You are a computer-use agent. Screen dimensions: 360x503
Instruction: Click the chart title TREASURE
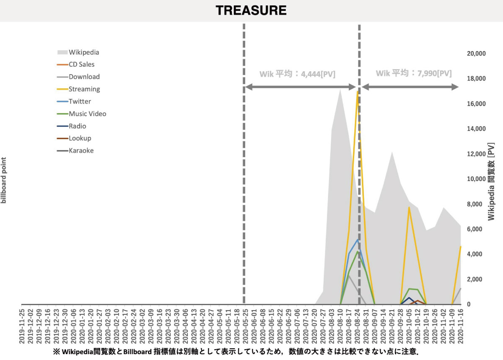251,10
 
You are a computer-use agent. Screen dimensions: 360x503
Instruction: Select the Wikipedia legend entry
83,52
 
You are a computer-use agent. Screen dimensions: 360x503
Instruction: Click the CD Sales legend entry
81,65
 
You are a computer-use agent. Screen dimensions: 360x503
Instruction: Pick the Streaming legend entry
84,89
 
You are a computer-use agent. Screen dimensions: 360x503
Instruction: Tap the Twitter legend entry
80,101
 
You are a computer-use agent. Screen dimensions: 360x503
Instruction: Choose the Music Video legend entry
87,114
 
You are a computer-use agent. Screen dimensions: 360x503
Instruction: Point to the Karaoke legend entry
81,150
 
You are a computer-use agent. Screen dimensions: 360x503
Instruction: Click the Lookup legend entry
80,138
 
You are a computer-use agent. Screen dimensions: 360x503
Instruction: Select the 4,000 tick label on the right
477,254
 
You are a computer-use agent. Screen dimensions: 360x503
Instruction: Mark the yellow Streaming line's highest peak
357,91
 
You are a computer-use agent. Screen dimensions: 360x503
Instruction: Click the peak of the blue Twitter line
357,240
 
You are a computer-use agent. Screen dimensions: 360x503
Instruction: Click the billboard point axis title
4,180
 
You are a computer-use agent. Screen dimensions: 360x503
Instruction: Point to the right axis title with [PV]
491,181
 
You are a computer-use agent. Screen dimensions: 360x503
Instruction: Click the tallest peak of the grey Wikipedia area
340,89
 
